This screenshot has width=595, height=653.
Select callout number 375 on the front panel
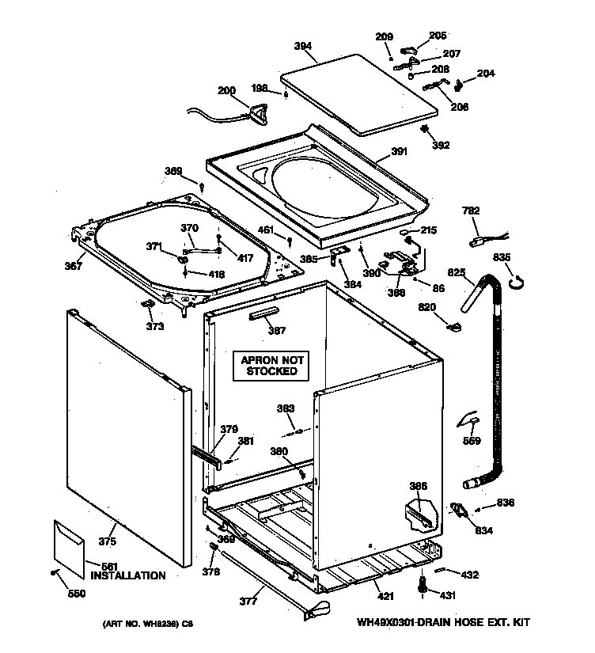tap(107, 541)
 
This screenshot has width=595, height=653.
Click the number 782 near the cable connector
tap(471, 211)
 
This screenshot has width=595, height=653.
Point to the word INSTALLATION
tap(127, 575)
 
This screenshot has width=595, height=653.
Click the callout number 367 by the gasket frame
tap(73, 266)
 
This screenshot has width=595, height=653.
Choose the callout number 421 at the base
tap(385, 596)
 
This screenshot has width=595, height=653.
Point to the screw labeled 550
tap(54, 572)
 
